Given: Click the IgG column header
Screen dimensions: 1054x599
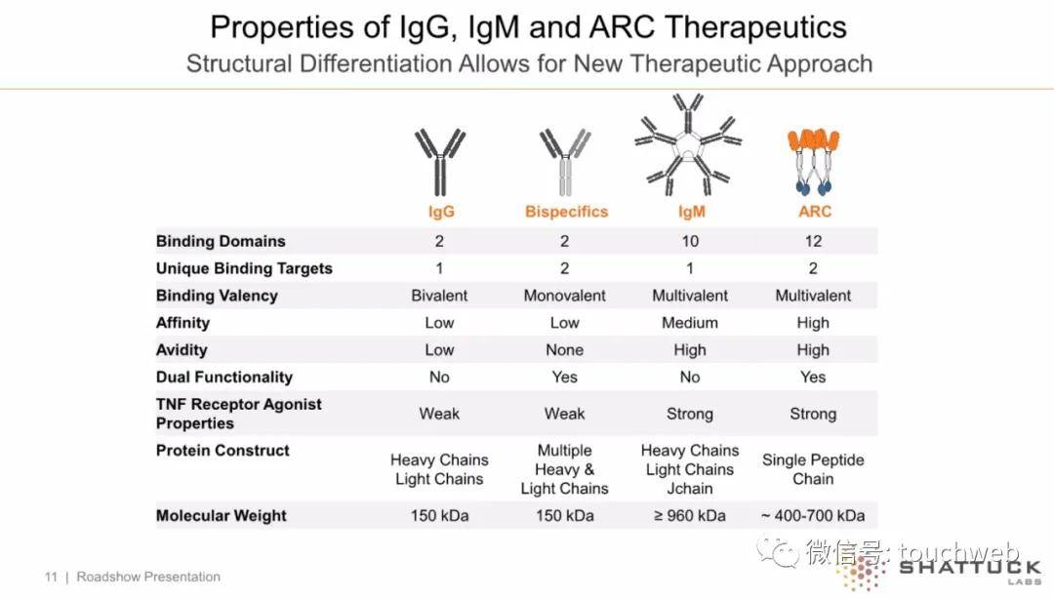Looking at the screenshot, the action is point(441,212).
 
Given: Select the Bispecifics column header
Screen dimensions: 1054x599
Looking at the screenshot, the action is point(567,212).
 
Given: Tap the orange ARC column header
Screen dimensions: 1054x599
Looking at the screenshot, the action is point(815,212).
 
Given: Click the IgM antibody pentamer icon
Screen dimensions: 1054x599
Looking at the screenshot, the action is point(688,144).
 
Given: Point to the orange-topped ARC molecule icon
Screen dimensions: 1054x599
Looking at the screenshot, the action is point(813,161).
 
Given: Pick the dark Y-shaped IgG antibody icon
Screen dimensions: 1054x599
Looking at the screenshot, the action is point(440,162).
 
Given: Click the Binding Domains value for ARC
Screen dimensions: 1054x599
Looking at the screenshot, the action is point(813,241).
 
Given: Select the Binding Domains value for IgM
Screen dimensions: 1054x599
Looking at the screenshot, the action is point(690,241).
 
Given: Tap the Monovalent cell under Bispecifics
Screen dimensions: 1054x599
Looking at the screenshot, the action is point(565,296).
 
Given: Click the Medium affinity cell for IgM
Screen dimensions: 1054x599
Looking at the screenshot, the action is point(690,323).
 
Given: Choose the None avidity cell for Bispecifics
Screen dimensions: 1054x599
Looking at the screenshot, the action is point(565,350).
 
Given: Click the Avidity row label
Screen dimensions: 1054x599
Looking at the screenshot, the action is point(182,350).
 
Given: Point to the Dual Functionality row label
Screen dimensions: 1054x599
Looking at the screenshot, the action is point(224,378).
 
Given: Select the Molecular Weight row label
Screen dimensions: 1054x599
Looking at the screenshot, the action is point(222,516).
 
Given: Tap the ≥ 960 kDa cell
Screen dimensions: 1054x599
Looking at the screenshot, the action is point(690,516).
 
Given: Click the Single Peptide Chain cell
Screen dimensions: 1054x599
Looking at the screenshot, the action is point(813,469).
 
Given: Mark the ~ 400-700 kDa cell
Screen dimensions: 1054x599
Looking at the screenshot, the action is point(813,516).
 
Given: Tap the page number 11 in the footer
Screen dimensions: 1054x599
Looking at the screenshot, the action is point(51,577).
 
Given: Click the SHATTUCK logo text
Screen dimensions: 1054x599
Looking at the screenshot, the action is point(970,568).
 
